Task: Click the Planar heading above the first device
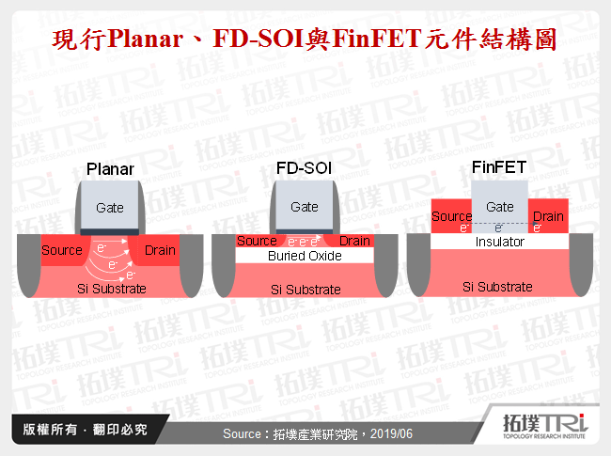pyautogui.click(x=110, y=169)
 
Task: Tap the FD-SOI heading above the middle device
pyautogui.click(x=305, y=169)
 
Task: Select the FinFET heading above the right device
pyautogui.click(x=499, y=169)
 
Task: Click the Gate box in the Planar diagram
pyautogui.click(x=110, y=208)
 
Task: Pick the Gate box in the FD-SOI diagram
pyautogui.click(x=305, y=207)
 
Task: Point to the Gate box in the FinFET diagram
pyautogui.click(x=499, y=207)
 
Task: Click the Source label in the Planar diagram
pyautogui.click(x=62, y=251)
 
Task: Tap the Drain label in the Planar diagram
pyautogui.click(x=160, y=251)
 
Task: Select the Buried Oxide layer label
pyautogui.click(x=305, y=256)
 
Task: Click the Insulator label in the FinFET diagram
pyautogui.click(x=499, y=242)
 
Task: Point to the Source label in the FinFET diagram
pyautogui.click(x=450, y=217)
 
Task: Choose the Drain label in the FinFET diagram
pyautogui.click(x=548, y=217)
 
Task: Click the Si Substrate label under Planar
pyautogui.click(x=111, y=289)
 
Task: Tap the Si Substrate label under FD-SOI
pyautogui.click(x=305, y=289)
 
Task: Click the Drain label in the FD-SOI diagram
pyautogui.click(x=354, y=242)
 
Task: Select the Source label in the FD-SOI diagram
pyautogui.click(x=256, y=242)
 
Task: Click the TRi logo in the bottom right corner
pyautogui.click(x=544, y=428)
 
